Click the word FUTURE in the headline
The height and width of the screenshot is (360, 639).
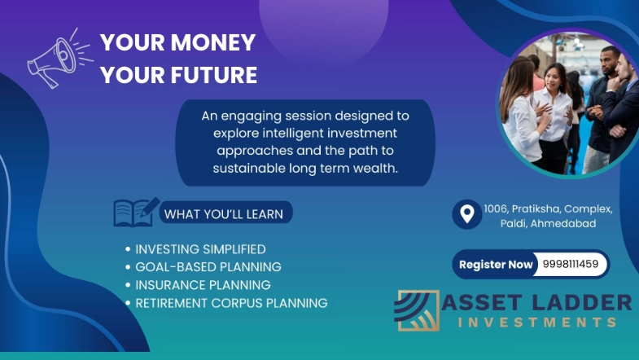213,76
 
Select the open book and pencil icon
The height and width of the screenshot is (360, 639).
135,213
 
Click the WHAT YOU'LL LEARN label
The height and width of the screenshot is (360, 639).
224,214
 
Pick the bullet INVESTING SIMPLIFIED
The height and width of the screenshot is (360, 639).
200,249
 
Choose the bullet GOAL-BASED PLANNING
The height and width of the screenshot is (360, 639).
208,267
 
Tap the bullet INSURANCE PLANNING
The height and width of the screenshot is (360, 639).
203,285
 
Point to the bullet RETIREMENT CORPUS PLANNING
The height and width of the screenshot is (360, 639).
231,303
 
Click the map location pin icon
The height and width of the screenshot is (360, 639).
466,215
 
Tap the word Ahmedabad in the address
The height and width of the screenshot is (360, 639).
563,223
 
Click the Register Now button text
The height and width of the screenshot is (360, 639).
496,264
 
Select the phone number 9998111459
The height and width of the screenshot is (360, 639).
570,264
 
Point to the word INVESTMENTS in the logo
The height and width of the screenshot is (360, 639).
537,323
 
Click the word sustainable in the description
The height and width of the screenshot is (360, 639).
251,168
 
